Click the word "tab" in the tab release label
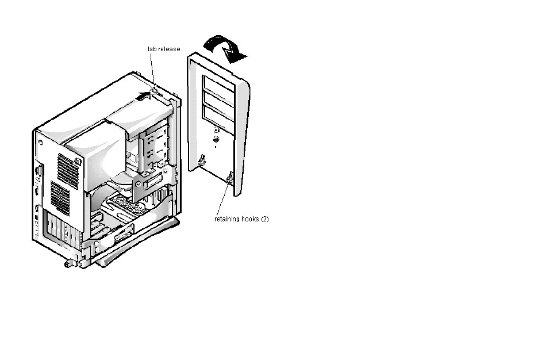pos(152,49)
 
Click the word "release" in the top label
pos(169,49)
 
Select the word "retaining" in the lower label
pos(226,219)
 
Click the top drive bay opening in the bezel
pos(218,84)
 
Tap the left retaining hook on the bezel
pos(202,159)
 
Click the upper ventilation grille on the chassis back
pos(68,169)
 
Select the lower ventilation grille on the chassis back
pos(60,198)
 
